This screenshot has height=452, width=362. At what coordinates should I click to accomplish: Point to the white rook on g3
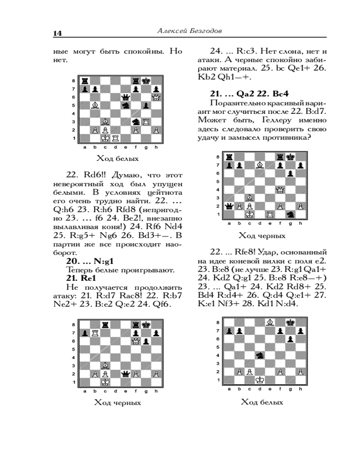[146, 122]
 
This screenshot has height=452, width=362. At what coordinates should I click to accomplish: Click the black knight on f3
[136, 122]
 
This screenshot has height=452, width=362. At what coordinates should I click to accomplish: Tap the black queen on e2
[126, 374]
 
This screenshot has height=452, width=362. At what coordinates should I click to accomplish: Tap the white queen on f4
[280, 189]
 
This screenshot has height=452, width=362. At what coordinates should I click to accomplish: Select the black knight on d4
[260, 355]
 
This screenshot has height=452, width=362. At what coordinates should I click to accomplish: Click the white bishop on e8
[270, 322]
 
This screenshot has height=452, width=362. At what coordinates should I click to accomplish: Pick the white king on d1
[260, 380]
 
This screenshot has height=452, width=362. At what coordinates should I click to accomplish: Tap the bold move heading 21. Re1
[80, 278]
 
